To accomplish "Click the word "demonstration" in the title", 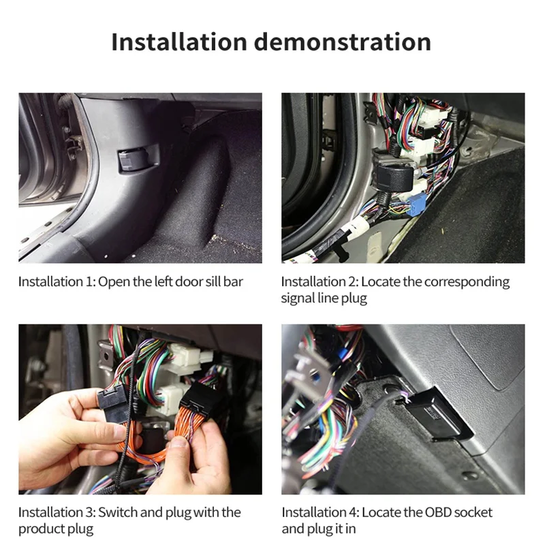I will click(x=342, y=42).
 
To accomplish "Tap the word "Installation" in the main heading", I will click(x=178, y=42).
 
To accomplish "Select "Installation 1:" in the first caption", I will click(x=57, y=282).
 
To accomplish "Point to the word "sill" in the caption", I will click(x=209, y=282).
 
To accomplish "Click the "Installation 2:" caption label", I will click(x=320, y=282).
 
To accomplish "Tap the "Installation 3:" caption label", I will click(x=57, y=512).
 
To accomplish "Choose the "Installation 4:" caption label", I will click(x=320, y=512).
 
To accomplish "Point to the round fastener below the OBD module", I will click(x=469, y=475).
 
